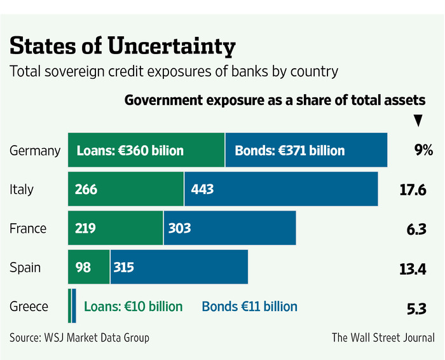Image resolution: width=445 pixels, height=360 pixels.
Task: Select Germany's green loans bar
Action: click(146, 151)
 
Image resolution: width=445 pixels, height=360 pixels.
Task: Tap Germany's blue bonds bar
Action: click(306, 151)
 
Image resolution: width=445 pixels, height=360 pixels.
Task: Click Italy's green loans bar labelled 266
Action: click(126, 189)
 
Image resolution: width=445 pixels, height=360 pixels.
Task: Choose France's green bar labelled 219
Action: click(116, 228)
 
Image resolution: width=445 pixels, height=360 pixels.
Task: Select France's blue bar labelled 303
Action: click(229, 228)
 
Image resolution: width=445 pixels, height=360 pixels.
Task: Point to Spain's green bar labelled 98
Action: click(89, 267)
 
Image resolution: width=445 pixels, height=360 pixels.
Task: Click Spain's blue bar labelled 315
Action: click(179, 267)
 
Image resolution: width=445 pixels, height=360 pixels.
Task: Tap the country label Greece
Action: click(29, 307)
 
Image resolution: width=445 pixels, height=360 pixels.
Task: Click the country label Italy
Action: click(22, 189)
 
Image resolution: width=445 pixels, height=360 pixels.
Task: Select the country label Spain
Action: click(25, 267)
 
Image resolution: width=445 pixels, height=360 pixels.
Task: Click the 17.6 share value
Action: click(413, 189)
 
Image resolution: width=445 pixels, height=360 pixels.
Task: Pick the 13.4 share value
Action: click(413, 267)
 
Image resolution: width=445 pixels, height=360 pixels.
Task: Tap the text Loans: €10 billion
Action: click(133, 307)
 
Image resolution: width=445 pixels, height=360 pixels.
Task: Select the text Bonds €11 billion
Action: click(250, 307)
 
